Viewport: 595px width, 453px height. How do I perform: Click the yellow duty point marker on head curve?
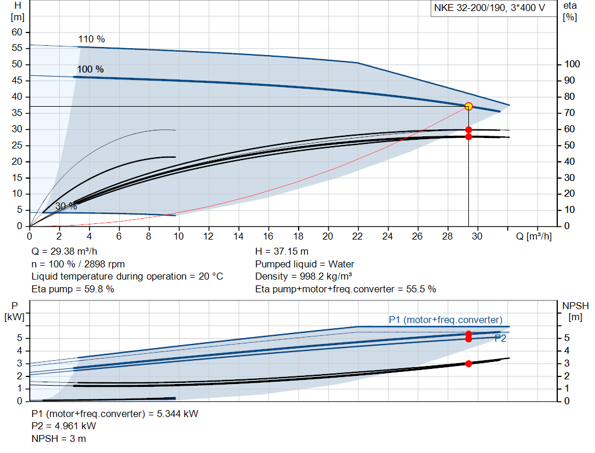point(468,106)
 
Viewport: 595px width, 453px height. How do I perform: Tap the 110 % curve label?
point(91,39)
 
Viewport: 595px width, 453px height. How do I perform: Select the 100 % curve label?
point(90,70)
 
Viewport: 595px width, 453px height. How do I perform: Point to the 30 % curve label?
point(66,206)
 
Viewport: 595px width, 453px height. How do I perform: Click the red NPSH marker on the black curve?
point(468,364)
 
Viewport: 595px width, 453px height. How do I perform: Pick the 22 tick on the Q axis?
point(357,236)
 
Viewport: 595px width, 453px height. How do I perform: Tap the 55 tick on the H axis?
point(17,48)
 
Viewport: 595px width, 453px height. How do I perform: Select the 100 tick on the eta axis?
point(572,64)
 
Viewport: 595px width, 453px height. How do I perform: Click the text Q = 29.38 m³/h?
point(64,252)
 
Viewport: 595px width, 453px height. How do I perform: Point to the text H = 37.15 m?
point(282,252)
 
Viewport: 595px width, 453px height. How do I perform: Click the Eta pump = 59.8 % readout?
point(73,289)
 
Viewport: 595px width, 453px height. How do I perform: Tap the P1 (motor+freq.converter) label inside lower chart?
point(445,320)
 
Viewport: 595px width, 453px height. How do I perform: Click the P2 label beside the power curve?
point(500,338)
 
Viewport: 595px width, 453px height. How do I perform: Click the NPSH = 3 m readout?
point(59,438)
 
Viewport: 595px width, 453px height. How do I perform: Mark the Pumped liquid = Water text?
point(304,264)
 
